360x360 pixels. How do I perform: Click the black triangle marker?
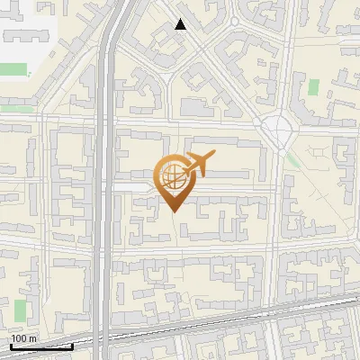[x=181, y=24]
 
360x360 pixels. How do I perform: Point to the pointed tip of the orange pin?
[x=174, y=211]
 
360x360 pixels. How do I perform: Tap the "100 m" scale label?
[x=24, y=338]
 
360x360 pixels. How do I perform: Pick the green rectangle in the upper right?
[x=314, y=88]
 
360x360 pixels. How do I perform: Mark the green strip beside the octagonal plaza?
[x=293, y=160]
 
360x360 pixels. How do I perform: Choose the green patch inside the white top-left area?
[x=14, y=68]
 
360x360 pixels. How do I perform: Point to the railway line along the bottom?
[x=225, y=315]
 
